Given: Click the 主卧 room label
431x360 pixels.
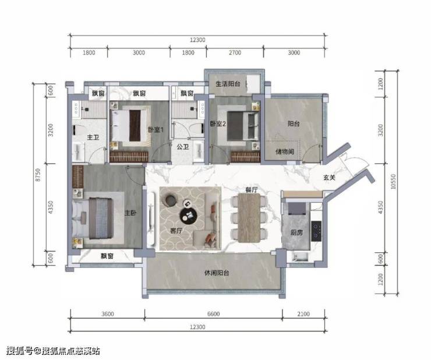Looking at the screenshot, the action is pyautogui.click(x=130, y=213).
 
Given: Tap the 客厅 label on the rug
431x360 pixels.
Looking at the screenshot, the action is pyautogui.click(x=176, y=231).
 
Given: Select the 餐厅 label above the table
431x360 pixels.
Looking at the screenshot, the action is pyautogui.click(x=252, y=189).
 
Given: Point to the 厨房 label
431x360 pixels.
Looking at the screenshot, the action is pyautogui.click(x=296, y=232).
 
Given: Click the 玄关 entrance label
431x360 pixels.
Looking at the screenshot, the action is pyautogui.click(x=329, y=178).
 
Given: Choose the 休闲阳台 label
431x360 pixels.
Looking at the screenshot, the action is pyautogui.click(x=217, y=273).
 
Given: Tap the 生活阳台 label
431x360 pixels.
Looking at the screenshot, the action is pyautogui.click(x=228, y=84).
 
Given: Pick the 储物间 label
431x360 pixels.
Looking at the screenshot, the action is pyautogui.click(x=285, y=151).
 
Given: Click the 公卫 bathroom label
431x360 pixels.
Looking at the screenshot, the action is pyautogui.click(x=183, y=147).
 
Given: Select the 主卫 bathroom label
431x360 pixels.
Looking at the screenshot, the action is pyautogui.click(x=93, y=137).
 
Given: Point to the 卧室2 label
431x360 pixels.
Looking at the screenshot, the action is pyautogui.click(x=218, y=123).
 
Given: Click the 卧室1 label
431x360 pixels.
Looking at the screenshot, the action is pyautogui.click(x=156, y=129).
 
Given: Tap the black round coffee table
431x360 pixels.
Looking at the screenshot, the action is pyautogui.click(x=189, y=215).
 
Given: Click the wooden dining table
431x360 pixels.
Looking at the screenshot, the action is pyautogui.click(x=249, y=218).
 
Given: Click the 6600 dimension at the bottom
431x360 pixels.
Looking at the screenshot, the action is pyautogui.click(x=214, y=314).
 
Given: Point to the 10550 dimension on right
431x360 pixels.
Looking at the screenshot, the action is pyautogui.click(x=393, y=182).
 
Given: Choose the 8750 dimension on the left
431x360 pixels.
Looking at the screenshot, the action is pyautogui.click(x=38, y=175).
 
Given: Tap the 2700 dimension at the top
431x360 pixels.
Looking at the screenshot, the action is pyautogui.click(x=235, y=52).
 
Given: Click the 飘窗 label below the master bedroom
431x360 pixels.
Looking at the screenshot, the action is pyautogui.click(x=107, y=256).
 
